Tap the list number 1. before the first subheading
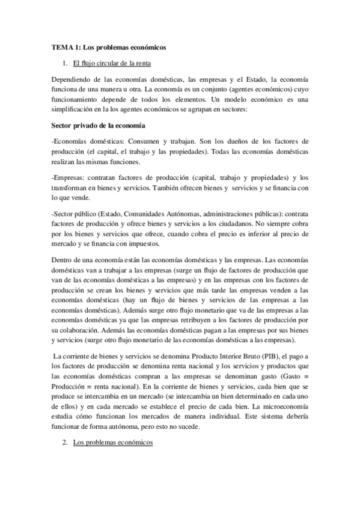point(66,63)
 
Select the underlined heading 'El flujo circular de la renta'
point(111,63)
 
